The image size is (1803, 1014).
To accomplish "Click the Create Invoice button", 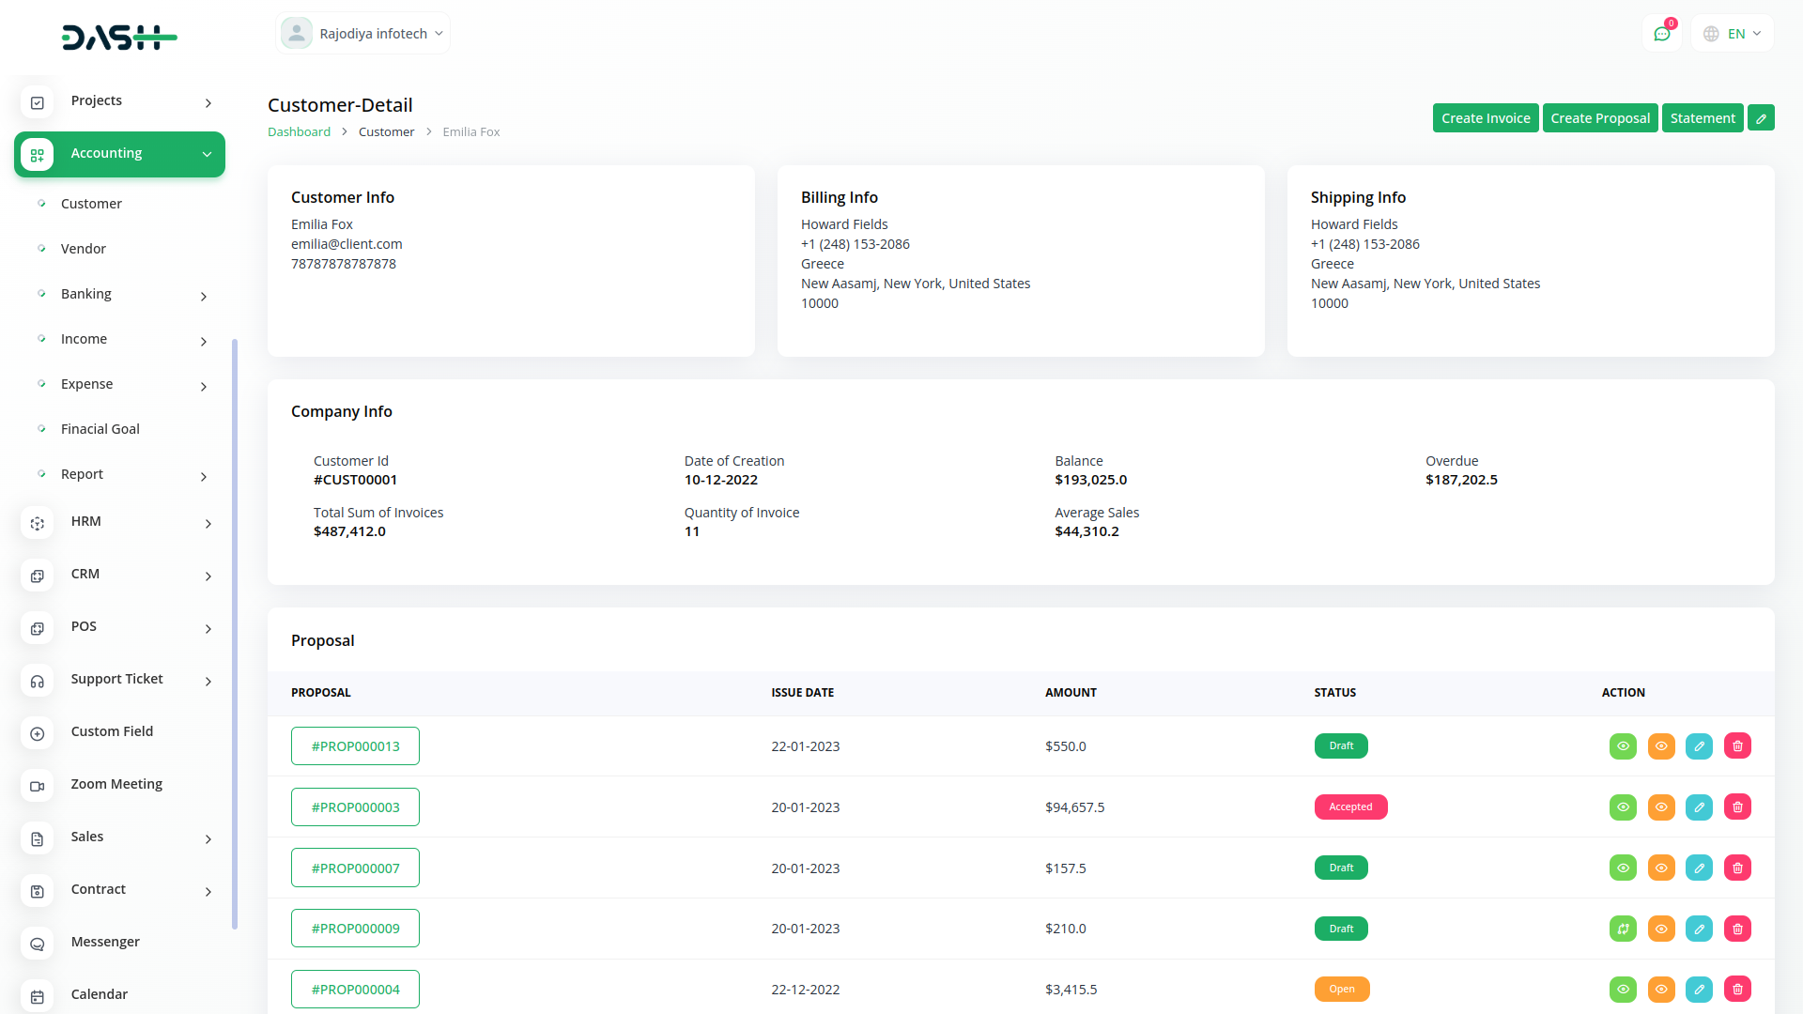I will click(1485, 118).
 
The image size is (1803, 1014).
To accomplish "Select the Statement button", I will click(1702, 118).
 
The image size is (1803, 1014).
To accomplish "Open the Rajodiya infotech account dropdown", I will click(363, 34).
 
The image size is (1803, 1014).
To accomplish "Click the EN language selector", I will click(1733, 34).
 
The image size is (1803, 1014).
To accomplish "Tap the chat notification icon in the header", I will click(1661, 34).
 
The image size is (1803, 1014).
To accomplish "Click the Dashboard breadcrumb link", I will click(299, 132).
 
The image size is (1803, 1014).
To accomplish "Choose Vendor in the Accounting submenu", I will click(84, 249).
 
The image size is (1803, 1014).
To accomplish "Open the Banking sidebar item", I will click(86, 294).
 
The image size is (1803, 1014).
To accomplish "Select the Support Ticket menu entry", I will click(116, 679).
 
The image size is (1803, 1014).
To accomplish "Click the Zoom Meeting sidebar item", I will click(116, 784).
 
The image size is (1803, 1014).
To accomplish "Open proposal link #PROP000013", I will click(355, 746).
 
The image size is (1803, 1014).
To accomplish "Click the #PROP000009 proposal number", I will click(355, 929).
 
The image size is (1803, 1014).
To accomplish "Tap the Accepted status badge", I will click(1350, 807).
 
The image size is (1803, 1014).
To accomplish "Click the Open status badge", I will click(1341, 990).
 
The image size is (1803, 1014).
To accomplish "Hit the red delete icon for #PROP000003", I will click(1737, 807).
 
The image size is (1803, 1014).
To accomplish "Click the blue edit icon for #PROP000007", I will click(1699, 868).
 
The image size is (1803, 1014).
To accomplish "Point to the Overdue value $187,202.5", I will click(1461, 480).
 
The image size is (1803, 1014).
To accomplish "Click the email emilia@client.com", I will click(347, 244).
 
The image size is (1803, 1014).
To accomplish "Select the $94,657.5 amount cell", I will click(1074, 807).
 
